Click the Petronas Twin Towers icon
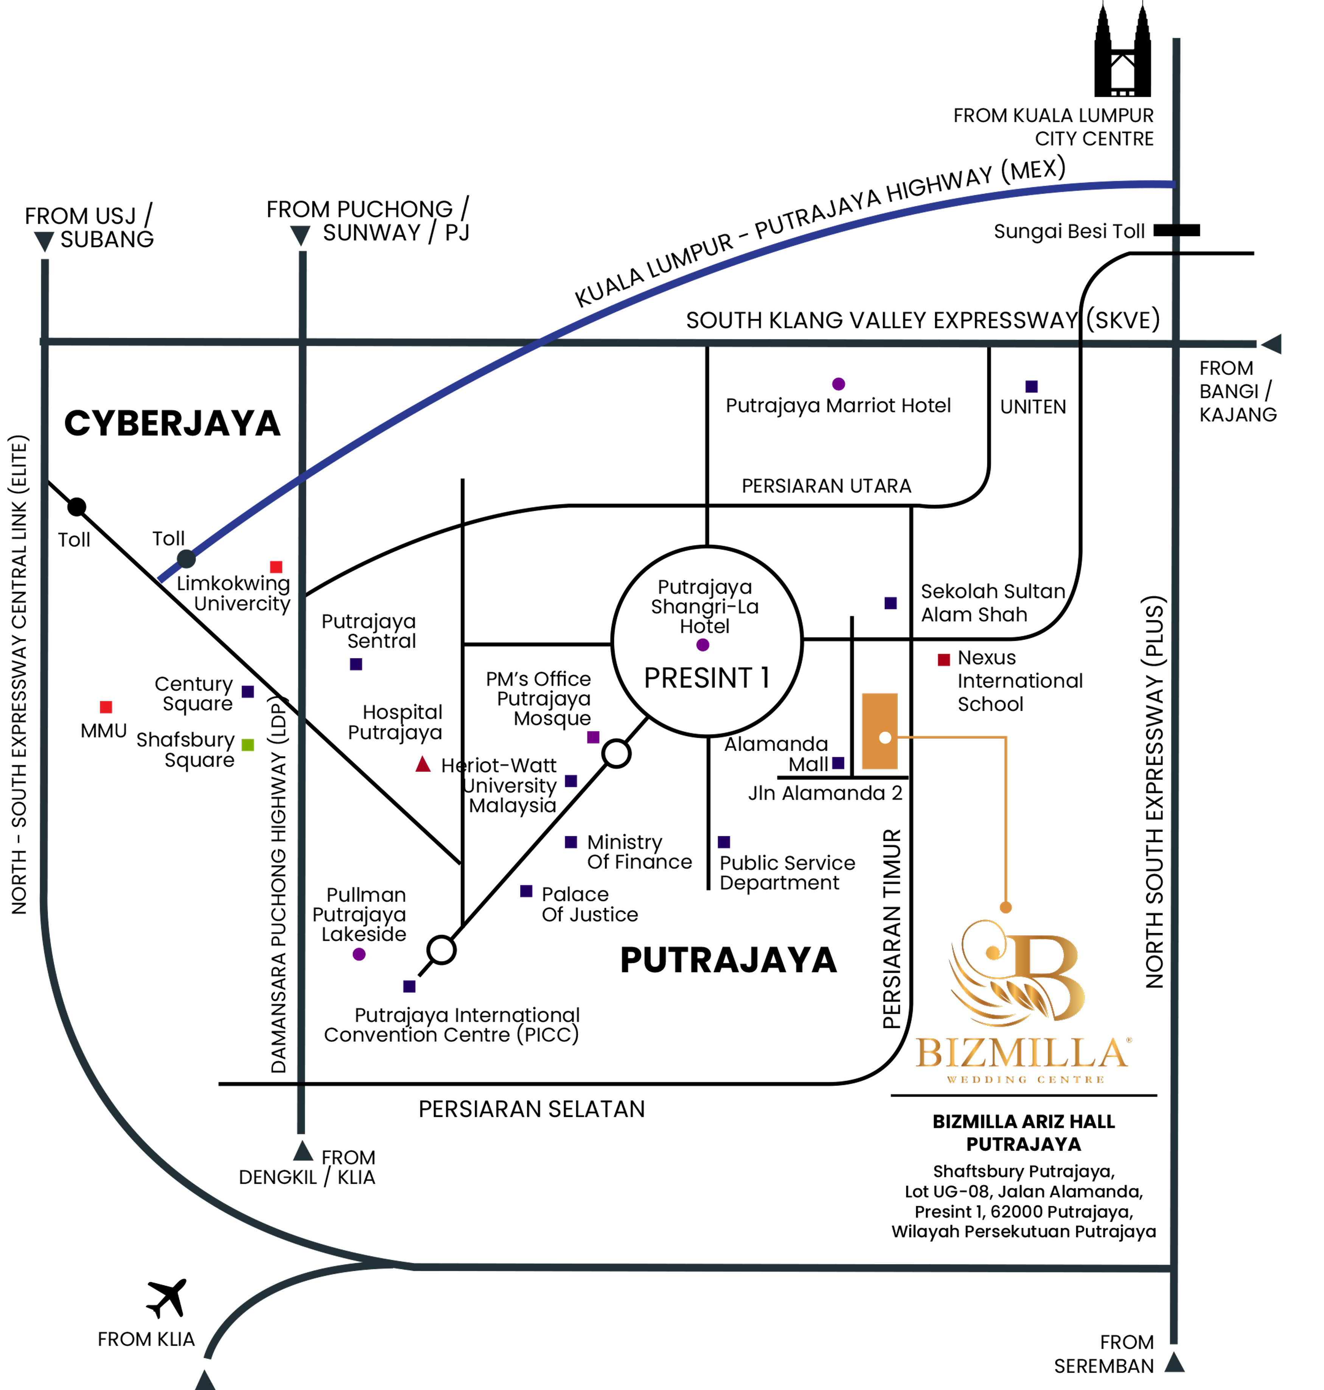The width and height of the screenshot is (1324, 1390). [x=1122, y=50]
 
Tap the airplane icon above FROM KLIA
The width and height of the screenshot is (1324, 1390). [x=167, y=1298]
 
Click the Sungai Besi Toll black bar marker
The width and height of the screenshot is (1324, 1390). [x=1176, y=230]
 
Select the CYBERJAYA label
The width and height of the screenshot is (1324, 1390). [x=172, y=423]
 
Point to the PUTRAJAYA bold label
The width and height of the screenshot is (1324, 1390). [x=728, y=960]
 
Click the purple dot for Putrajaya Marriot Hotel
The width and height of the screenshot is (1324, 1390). [x=838, y=384]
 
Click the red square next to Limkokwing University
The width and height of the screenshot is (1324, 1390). [x=276, y=567]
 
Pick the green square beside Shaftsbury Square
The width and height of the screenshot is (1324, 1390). [x=248, y=744]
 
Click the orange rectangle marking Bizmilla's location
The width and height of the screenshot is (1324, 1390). [x=880, y=731]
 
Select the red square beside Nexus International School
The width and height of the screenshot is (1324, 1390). [x=943, y=660]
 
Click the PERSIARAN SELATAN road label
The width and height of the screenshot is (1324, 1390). [x=531, y=1109]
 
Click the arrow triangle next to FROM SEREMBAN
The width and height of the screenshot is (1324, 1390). [x=1174, y=1362]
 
